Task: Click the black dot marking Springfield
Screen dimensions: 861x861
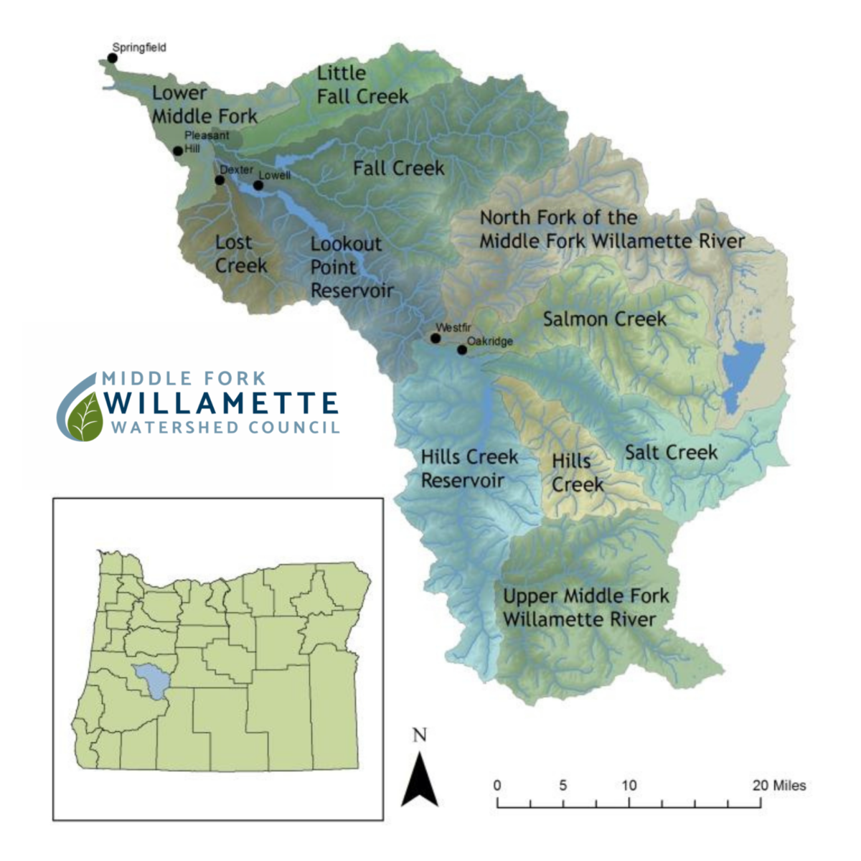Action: pyautogui.click(x=113, y=57)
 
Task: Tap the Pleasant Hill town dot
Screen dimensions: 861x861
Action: pyautogui.click(x=178, y=151)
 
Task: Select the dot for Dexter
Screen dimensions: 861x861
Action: pyautogui.click(x=220, y=179)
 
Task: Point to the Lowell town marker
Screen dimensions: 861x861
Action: pyautogui.click(x=258, y=185)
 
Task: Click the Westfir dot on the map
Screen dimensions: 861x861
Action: pyautogui.click(x=436, y=338)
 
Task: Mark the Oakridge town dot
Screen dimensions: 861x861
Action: pyautogui.click(x=462, y=350)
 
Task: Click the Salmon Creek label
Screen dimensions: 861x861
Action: pyautogui.click(x=604, y=319)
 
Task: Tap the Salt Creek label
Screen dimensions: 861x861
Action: pyautogui.click(x=671, y=452)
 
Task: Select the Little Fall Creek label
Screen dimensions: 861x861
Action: pyautogui.click(x=362, y=85)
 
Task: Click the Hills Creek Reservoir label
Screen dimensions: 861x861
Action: pyautogui.click(x=469, y=469)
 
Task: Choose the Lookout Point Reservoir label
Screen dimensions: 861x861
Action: pyautogui.click(x=352, y=267)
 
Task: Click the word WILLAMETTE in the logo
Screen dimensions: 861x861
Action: pyautogui.click(x=221, y=403)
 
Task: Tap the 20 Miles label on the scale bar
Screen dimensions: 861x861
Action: pyautogui.click(x=779, y=785)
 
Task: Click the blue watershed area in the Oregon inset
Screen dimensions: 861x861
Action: pyautogui.click(x=152, y=681)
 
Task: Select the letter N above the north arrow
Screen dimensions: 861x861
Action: pyautogui.click(x=420, y=735)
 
